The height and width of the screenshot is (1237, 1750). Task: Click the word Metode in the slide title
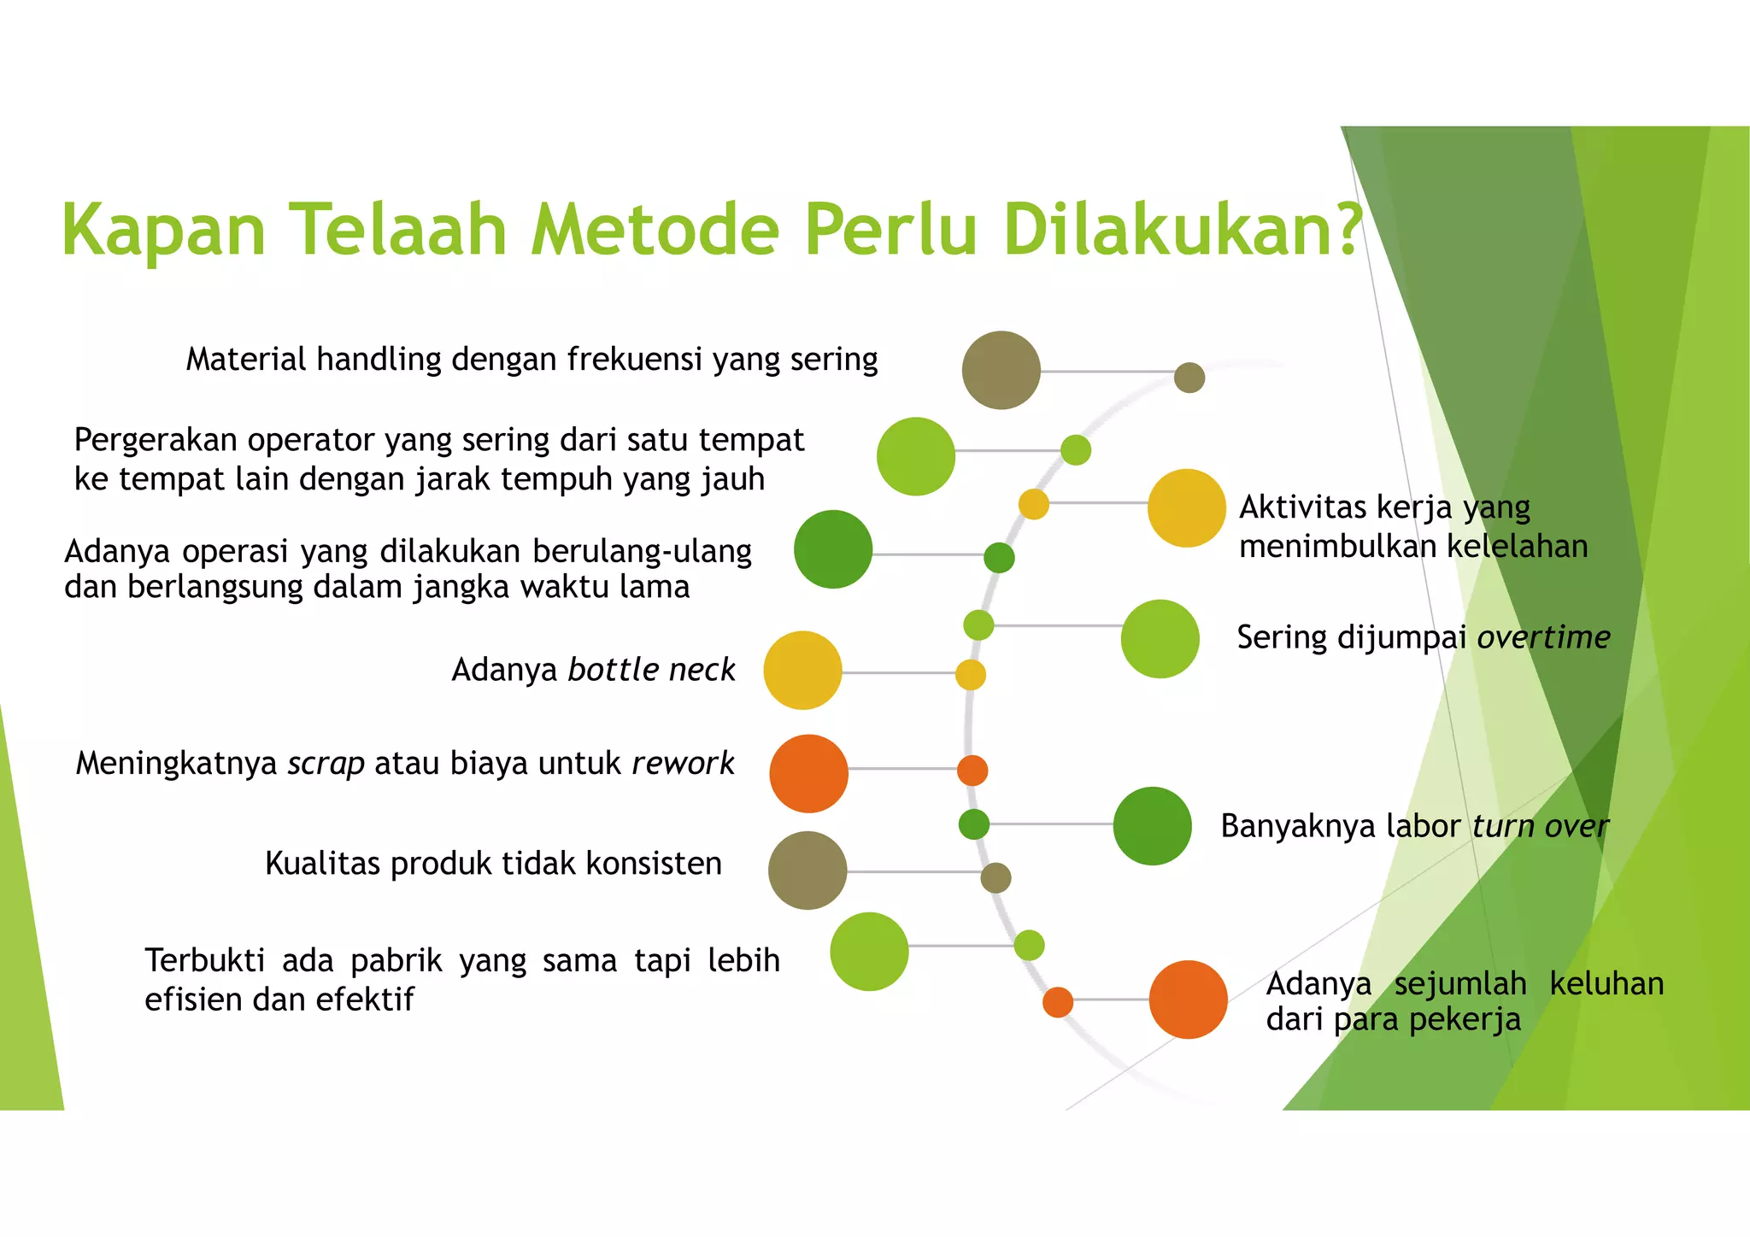655,231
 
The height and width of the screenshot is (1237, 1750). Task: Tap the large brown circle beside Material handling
1001,370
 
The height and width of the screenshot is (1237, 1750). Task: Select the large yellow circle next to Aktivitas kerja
1186,508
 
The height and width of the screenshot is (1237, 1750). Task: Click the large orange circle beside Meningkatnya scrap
808,773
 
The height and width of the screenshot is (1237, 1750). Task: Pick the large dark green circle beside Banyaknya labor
1152,826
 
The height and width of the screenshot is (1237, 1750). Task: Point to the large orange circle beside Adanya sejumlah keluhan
1188,1000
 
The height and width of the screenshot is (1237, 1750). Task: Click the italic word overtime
1543,637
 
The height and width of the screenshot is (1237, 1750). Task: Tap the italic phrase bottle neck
651,670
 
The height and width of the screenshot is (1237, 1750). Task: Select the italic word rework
683,763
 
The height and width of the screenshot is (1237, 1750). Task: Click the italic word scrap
326,763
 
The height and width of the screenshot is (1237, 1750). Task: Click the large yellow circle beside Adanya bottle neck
802,671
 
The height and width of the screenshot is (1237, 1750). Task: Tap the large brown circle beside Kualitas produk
807,871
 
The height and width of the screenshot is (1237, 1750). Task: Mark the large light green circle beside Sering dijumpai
1160,639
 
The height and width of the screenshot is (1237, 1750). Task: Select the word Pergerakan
156,440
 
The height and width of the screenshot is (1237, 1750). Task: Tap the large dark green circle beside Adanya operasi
832,549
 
